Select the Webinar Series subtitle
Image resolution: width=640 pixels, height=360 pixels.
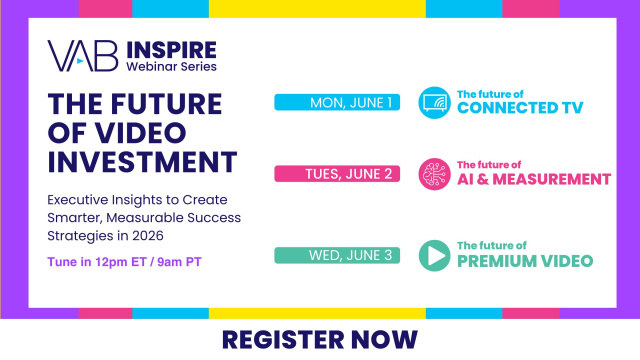point(170,66)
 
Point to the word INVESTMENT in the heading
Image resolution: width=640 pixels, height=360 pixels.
point(143,162)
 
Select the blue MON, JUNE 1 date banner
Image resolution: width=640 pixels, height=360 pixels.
point(338,103)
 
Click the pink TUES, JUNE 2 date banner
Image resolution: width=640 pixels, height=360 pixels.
point(338,174)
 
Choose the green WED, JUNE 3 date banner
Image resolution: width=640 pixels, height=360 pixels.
point(338,255)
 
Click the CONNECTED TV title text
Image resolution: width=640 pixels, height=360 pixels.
point(519,108)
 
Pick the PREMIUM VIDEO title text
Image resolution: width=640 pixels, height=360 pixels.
point(524,261)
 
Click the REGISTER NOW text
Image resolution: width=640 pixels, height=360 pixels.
point(320,339)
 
